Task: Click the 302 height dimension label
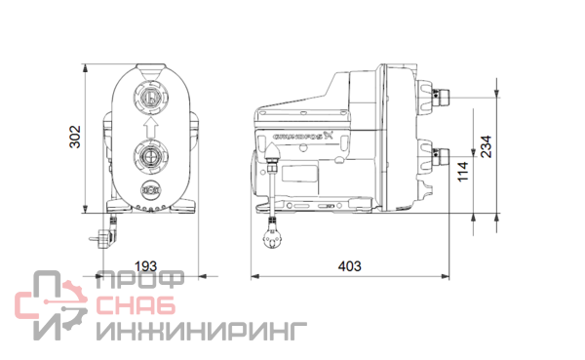(75, 137)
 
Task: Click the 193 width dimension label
(145, 266)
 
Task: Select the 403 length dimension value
(350, 266)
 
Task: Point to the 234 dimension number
(486, 146)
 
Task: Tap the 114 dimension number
(462, 172)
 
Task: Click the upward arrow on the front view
(151, 127)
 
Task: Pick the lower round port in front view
(151, 156)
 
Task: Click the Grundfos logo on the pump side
(302, 136)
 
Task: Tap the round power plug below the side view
(273, 238)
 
